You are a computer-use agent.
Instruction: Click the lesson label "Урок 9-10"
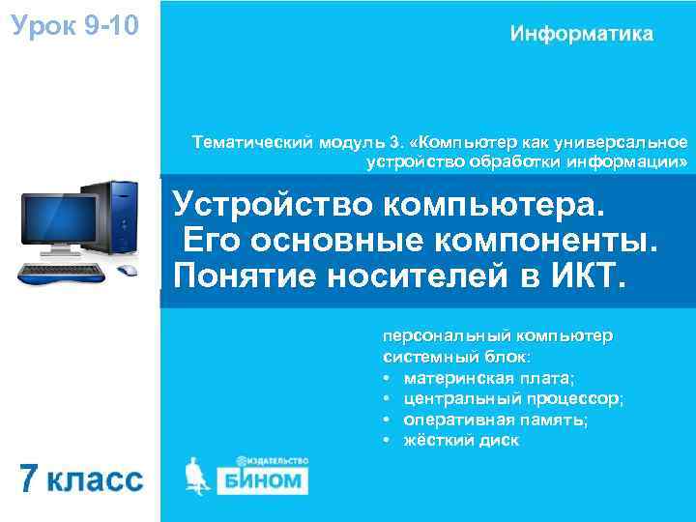tap(74, 22)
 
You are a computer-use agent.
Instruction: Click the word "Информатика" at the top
tap(581, 34)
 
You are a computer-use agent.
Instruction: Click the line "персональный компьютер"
tap(497, 336)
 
